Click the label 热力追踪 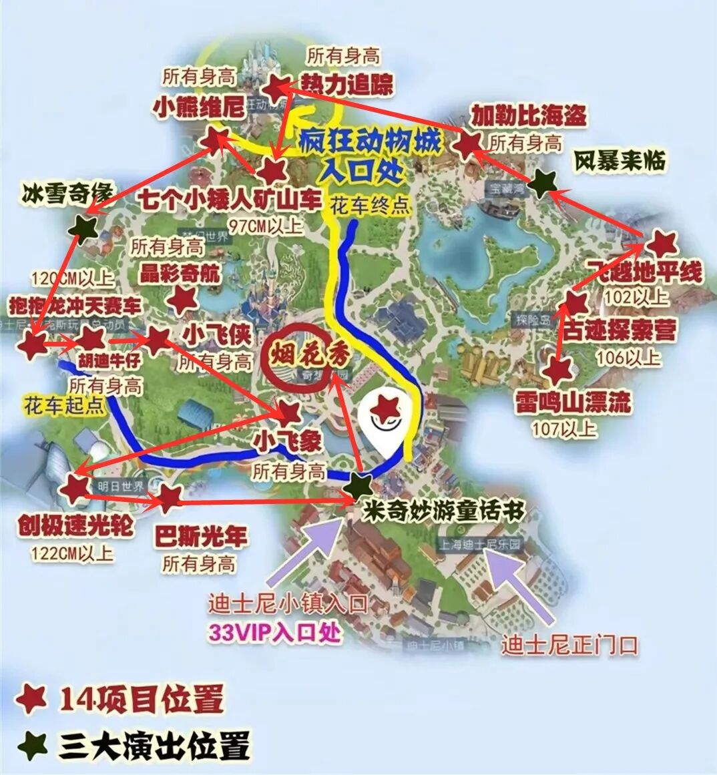[347, 85]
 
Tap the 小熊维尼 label [199, 107]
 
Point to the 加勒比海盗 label [528, 115]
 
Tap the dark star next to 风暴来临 [545, 182]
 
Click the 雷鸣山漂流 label [572, 402]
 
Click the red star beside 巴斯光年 [170, 497]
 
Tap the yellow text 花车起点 [65, 406]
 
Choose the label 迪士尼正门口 [569, 645]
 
